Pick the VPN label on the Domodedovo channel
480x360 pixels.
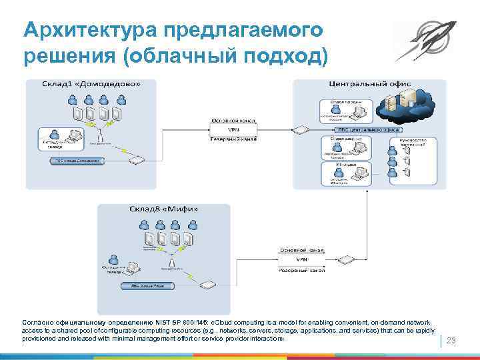(234, 129)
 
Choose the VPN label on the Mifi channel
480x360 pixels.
(301, 259)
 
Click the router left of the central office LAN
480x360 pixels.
(301, 129)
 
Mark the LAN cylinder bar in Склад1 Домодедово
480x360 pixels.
(75, 161)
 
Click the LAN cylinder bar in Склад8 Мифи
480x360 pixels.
(147, 285)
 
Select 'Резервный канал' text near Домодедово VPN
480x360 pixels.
(234, 139)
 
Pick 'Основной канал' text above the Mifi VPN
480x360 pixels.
(301, 250)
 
